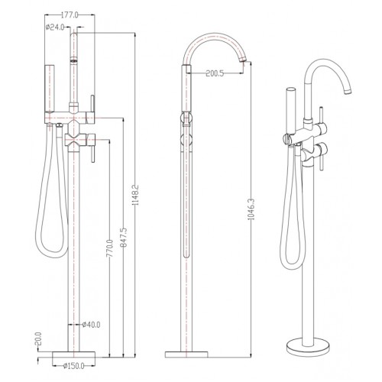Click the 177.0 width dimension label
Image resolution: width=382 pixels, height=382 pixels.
(70, 15)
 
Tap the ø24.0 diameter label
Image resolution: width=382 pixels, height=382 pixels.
(55, 28)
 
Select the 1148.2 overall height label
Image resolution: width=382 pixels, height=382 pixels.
(135, 195)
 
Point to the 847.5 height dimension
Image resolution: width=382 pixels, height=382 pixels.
(123, 238)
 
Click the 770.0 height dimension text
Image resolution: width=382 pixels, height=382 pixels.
(109, 248)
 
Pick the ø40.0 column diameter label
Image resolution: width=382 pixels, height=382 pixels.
(91, 325)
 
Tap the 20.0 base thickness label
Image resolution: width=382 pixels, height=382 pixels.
(38, 338)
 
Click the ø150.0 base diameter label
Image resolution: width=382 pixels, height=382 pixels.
(73, 366)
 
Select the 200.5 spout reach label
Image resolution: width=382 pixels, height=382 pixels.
(215, 73)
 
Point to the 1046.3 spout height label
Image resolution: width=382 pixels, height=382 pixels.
(251, 209)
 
